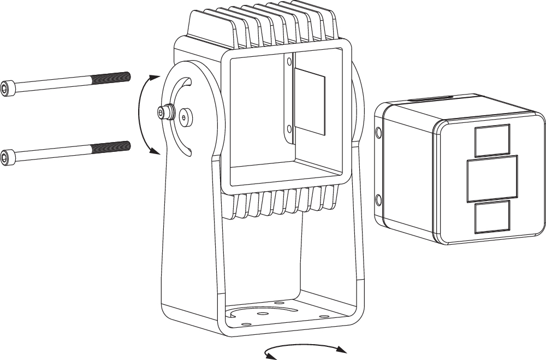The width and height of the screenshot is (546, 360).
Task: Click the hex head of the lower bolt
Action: tap(7, 157)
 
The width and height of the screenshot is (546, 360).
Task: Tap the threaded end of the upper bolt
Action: tap(111, 78)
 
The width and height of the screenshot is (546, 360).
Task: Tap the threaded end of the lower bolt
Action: tap(111, 146)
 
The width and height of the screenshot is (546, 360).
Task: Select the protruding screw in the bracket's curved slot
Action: tap(164, 113)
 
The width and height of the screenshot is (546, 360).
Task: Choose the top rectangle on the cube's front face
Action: tap(492, 140)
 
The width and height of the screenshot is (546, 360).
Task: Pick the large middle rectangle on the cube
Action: tap(492, 179)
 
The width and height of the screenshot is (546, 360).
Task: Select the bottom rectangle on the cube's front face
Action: tap(492, 217)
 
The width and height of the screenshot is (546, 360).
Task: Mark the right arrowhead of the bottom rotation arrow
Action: tap(342, 349)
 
